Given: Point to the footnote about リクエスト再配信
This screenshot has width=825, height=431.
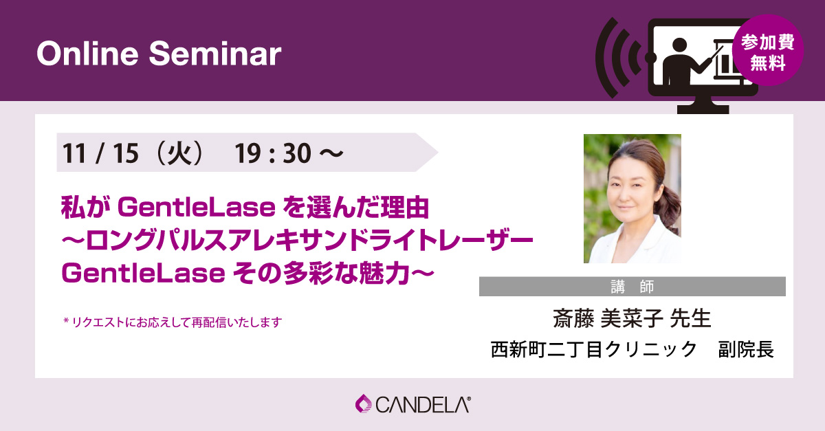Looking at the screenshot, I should coord(172,321).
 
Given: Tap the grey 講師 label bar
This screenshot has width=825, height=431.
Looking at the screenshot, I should coord(632,287).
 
